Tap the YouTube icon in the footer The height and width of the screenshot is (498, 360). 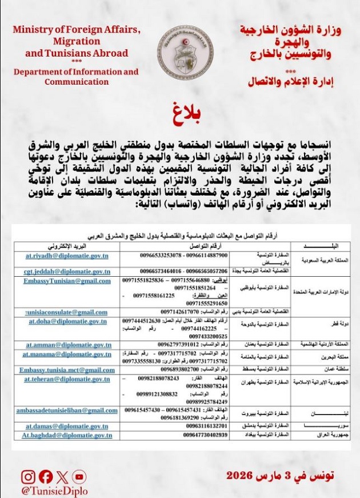click(x=79, y=477)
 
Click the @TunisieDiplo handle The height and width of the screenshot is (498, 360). click(x=54, y=491)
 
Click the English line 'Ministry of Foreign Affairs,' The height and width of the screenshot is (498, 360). click(x=75, y=30)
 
